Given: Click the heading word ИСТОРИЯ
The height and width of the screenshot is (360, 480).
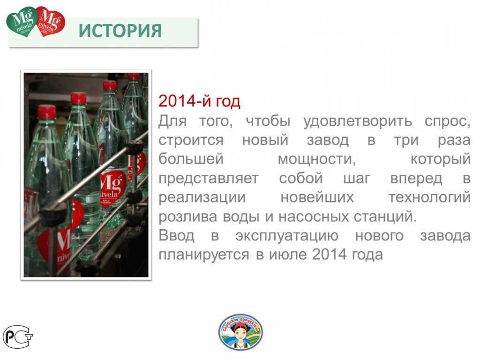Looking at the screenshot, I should coord(120,30).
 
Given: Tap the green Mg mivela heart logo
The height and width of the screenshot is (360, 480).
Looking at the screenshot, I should coord(22,21).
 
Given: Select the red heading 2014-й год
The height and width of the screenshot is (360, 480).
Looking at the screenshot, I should coord(199,101).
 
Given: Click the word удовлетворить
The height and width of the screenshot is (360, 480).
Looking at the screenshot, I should coord(358,121).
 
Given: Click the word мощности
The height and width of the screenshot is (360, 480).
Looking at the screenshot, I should coord(316,159).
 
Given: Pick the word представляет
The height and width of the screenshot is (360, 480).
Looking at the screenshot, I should coord(208,179).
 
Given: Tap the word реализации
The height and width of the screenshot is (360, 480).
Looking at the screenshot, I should coord(202,198).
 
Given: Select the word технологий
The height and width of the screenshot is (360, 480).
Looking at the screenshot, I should coord(429,198).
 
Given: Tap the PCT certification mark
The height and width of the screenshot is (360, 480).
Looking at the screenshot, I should coord(18,336).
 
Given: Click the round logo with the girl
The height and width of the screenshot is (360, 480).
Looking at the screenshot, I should coord(240,332).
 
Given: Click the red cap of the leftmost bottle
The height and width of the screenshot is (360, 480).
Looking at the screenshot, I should coord(46,112).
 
